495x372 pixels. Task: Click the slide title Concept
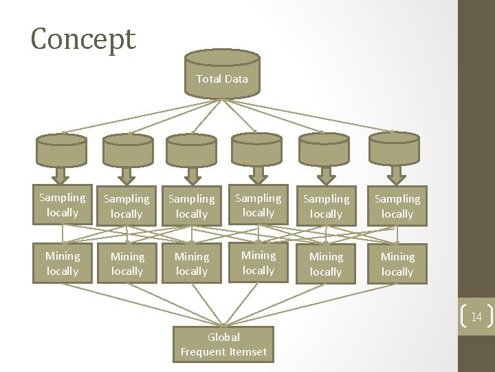pos(83,39)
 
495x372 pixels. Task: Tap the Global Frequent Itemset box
pos(223,344)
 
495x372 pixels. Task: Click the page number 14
pos(476,318)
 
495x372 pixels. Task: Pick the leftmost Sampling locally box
pos(63,205)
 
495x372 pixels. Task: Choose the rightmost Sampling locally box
pos(397,206)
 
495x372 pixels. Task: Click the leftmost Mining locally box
pos(63,263)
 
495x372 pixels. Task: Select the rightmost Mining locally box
pos(397,264)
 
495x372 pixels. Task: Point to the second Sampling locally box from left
pos(127,206)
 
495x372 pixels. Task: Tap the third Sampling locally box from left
pos(192,206)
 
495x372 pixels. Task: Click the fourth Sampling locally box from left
pos(258,205)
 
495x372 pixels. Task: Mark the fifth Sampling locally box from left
pos(326,206)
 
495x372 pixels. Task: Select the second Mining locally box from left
pos(127,264)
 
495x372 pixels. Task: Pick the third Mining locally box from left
pos(192,264)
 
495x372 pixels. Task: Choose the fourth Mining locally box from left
pos(258,262)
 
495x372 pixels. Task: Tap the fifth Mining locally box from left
pos(326,264)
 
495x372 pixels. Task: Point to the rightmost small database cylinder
pos(394,150)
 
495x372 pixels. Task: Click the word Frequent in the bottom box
pos(203,352)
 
